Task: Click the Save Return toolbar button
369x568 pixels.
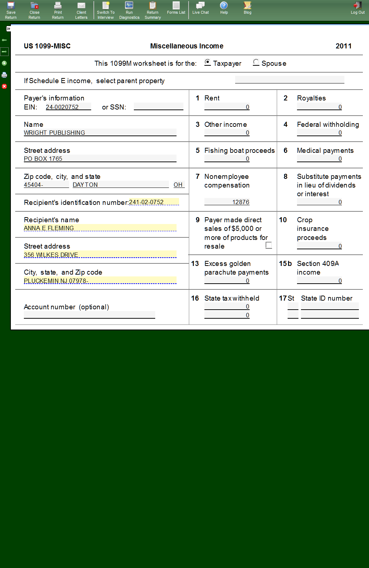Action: click(x=11, y=10)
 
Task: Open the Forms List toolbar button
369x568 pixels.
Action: click(x=176, y=8)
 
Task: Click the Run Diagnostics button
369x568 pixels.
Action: click(x=129, y=10)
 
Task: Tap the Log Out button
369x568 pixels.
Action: click(x=357, y=8)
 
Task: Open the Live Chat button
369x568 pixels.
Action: click(x=200, y=8)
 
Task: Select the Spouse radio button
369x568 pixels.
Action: click(x=256, y=62)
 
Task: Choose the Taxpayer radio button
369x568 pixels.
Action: click(x=208, y=62)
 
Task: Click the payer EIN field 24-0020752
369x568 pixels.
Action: click(x=68, y=107)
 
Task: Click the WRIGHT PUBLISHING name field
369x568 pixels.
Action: click(x=100, y=133)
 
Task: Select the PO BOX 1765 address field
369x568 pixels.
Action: click(x=100, y=159)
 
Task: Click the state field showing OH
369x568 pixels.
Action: click(x=178, y=185)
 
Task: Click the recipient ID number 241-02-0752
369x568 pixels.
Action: click(x=153, y=202)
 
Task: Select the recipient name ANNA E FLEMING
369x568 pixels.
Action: click(x=100, y=228)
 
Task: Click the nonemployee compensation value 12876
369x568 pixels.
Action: click(x=227, y=202)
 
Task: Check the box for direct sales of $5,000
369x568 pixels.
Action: click(x=268, y=245)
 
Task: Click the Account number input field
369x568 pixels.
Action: click(x=89, y=315)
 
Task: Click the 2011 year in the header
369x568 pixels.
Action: click(x=343, y=46)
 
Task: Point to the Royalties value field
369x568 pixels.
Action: click(x=319, y=107)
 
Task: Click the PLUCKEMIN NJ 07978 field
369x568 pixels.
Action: click(x=100, y=281)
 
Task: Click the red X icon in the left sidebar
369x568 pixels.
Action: click(x=4, y=86)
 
